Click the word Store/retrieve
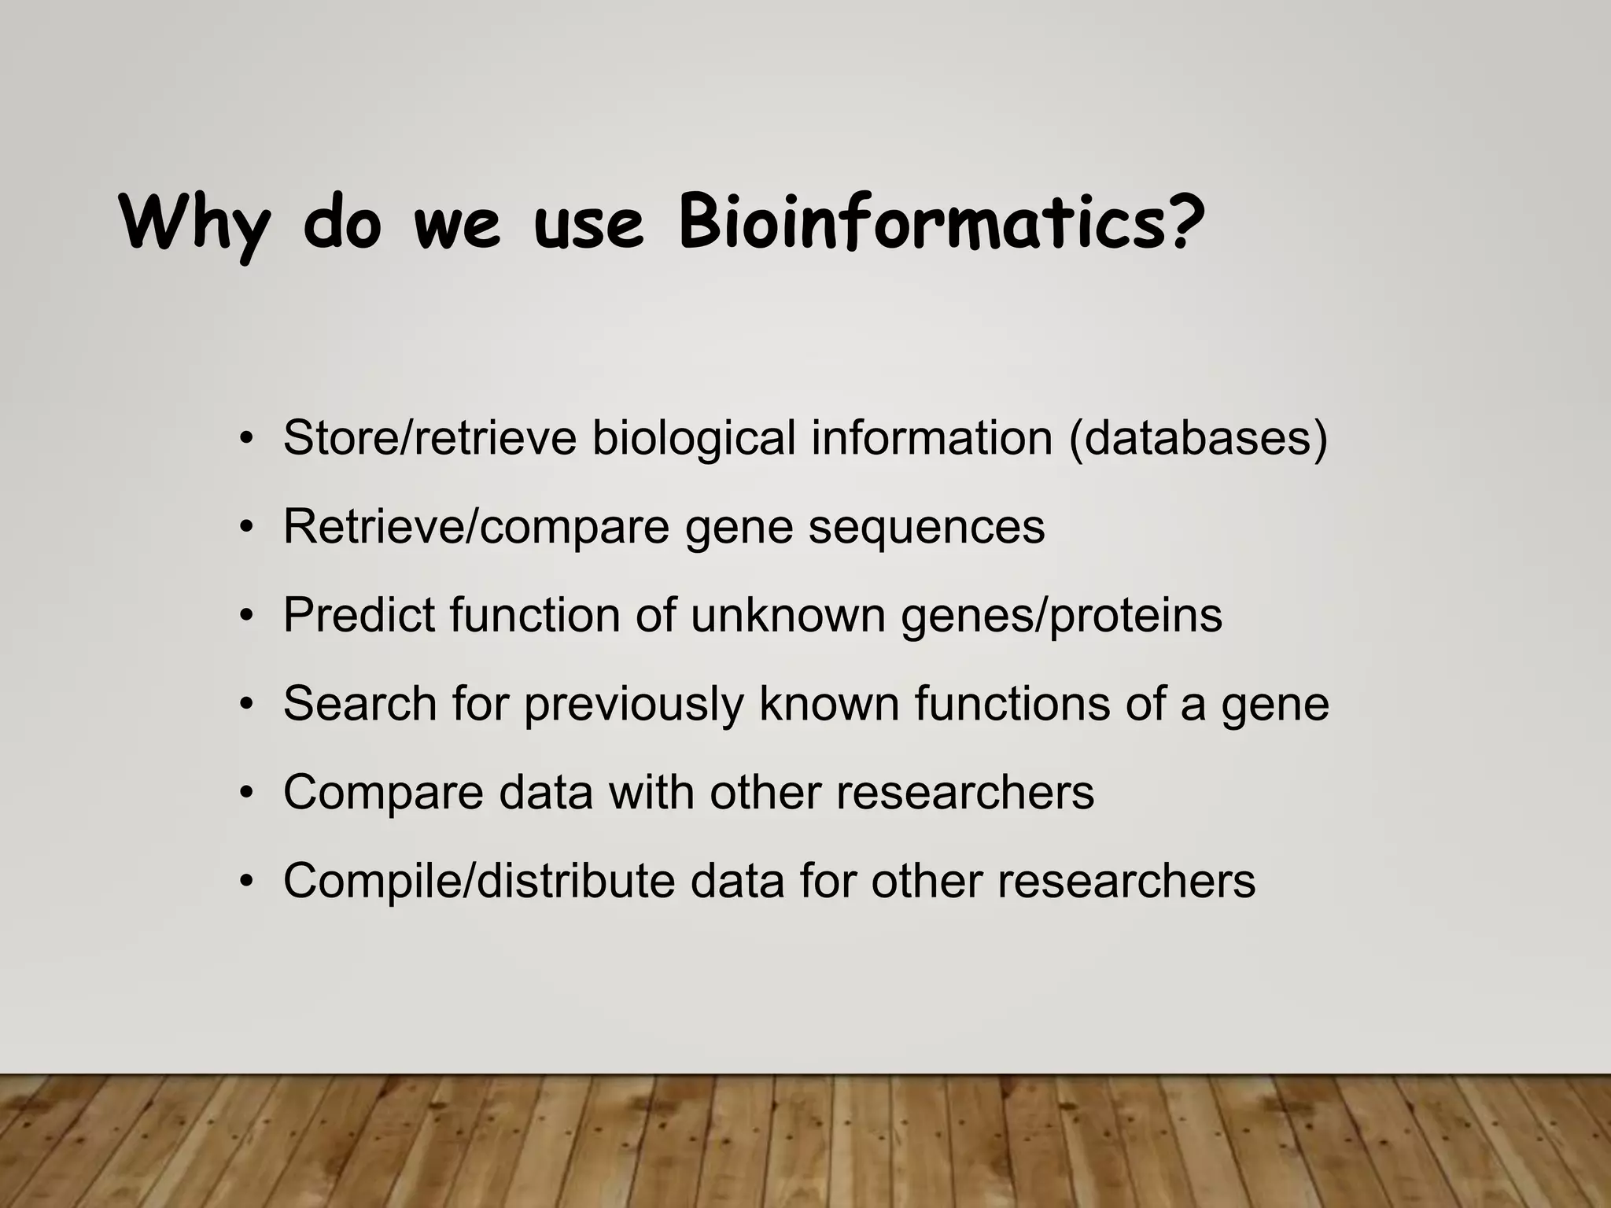(x=429, y=438)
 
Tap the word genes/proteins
(x=1061, y=615)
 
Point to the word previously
(x=633, y=703)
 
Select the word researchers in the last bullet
(x=1126, y=881)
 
